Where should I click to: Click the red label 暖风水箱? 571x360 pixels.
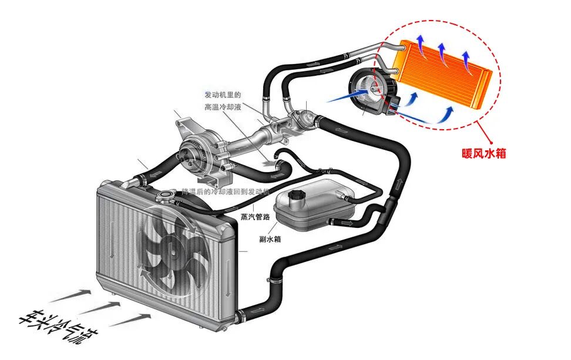click(483, 154)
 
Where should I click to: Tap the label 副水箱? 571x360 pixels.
click(269, 239)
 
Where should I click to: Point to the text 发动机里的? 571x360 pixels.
click(223, 95)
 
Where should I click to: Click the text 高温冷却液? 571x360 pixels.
click(223, 107)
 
